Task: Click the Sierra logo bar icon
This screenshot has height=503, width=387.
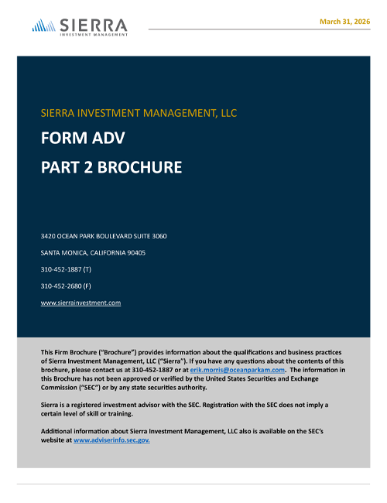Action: point(43,26)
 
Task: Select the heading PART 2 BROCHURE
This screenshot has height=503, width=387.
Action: point(111,166)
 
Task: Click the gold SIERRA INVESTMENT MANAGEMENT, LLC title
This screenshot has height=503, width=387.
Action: point(139,113)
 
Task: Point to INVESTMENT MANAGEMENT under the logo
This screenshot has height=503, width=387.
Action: point(94,34)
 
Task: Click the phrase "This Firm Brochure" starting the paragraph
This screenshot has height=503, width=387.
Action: point(71,352)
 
